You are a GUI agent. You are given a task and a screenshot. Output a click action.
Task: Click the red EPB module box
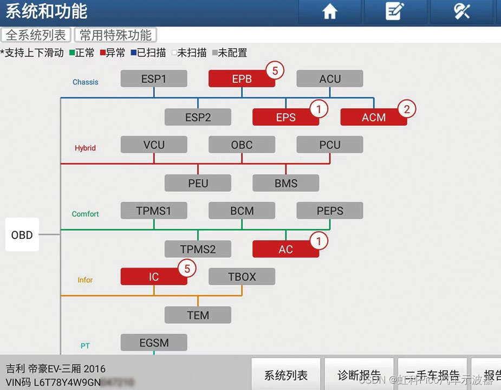[242, 79]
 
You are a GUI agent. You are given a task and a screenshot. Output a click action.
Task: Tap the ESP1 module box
[154, 79]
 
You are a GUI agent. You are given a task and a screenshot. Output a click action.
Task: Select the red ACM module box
[374, 118]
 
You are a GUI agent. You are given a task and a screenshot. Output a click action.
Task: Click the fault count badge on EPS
[319, 109]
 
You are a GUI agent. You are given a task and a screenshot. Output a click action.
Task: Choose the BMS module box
[286, 183]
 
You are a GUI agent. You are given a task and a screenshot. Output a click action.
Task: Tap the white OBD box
[22, 235]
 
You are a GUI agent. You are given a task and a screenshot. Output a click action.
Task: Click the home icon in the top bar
[330, 12]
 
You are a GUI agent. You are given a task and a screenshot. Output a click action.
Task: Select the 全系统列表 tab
[36, 35]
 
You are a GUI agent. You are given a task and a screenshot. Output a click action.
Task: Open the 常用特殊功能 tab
[115, 35]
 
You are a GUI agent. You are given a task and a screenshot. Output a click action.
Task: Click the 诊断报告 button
[359, 375]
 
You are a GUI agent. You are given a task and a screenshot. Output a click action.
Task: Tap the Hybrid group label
[85, 148]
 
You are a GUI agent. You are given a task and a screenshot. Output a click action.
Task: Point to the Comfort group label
[85, 214]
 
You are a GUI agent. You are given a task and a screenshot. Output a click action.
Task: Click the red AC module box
[286, 249]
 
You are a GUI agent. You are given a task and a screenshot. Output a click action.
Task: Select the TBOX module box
[242, 277]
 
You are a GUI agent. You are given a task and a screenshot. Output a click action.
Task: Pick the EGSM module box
[154, 343]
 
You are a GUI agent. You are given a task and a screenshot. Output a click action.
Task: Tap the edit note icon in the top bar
[395, 12]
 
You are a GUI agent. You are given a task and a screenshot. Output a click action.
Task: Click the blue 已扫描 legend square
[133, 53]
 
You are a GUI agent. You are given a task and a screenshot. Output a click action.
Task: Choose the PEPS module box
[330, 211]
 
